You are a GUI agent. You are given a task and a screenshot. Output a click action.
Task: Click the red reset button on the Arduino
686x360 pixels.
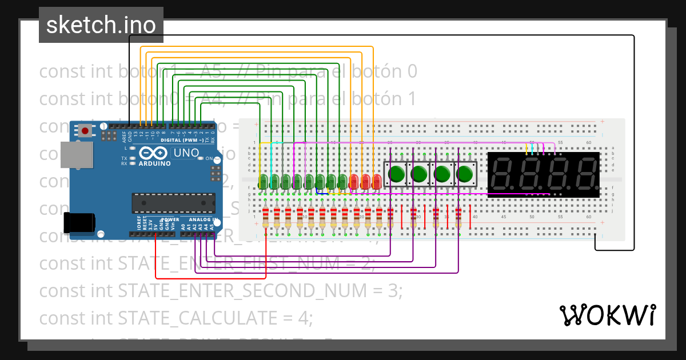(85, 131)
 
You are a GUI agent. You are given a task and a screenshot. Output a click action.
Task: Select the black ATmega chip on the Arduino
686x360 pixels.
(173, 203)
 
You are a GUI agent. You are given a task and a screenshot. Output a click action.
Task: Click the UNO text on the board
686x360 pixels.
(186, 153)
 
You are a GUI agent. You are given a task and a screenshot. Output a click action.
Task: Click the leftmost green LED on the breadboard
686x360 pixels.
(262, 182)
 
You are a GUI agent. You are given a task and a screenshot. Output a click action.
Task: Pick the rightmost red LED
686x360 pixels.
(376, 182)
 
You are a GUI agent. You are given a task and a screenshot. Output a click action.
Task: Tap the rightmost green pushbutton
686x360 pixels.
(465, 173)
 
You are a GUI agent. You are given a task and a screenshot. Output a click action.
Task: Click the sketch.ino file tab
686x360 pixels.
(101, 25)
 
